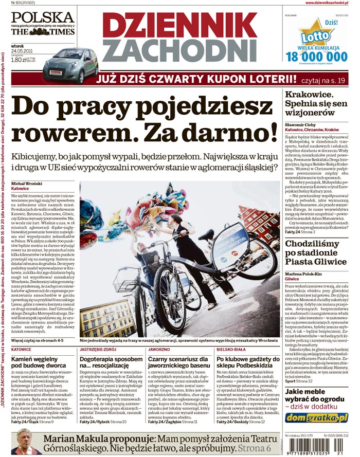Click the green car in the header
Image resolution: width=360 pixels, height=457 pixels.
point(70,65)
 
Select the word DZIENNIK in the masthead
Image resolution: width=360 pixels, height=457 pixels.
point(179,24)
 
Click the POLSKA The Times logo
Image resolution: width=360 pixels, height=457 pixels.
point(42,23)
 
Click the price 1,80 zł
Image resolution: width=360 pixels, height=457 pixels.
point(19,60)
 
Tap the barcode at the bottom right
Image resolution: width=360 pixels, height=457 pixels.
point(316,447)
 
